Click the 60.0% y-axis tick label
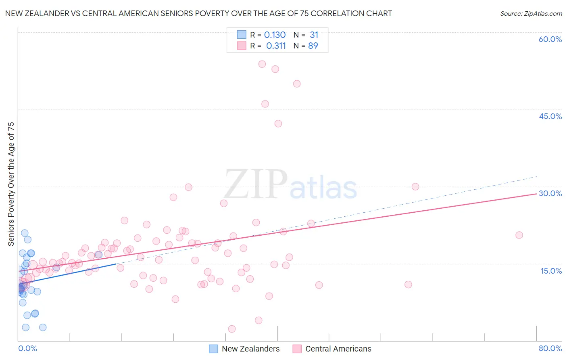(x=550, y=39)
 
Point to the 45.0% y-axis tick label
(x=550, y=116)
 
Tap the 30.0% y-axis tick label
(x=550, y=193)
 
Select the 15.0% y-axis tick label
(x=551, y=271)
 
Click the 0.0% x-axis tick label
(x=27, y=348)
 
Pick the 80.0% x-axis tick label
(x=550, y=348)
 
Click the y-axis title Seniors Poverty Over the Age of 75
(x=11, y=184)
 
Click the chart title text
(x=198, y=13)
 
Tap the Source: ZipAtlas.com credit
(x=531, y=13)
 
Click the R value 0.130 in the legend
(x=275, y=35)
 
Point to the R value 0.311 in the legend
(x=276, y=46)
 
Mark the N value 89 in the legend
(x=313, y=46)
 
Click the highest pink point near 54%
(x=262, y=64)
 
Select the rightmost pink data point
(x=519, y=235)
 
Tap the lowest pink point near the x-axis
(x=232, y=329)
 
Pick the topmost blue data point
(x=25, y=233)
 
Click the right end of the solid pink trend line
(x=536, y=194)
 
